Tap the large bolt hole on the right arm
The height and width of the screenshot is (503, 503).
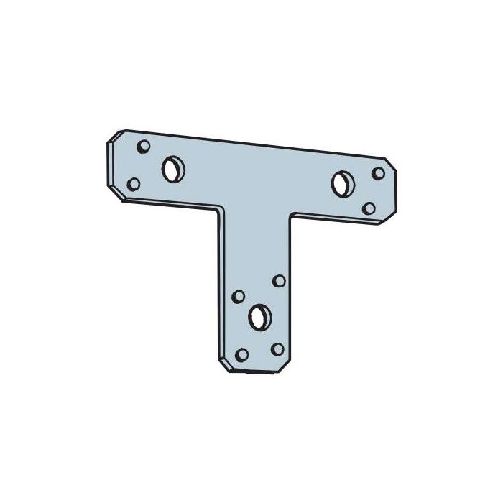click(341, 183)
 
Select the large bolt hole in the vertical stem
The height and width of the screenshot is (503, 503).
click(260, 314)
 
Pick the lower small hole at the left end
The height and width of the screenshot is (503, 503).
click(133, 184)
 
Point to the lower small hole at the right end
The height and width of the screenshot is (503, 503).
click(369, 208)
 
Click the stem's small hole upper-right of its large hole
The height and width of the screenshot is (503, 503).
click(279, 280)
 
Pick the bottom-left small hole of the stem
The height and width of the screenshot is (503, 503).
click(242, 354)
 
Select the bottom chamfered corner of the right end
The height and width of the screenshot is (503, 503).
click(388, 220)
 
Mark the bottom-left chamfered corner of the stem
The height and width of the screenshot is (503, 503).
click(222, 364)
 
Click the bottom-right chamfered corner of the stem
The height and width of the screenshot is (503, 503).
click(287, 366)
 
